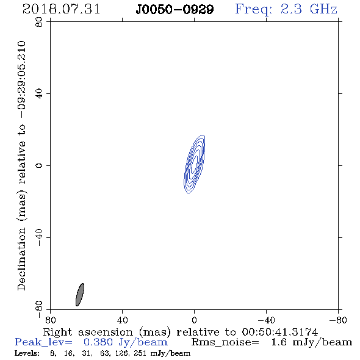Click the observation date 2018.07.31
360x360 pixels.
point(61,9)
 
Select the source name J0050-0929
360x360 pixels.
point(175,10)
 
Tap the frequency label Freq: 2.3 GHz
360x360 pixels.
point(286,9)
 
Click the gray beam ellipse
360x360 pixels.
point(80,295)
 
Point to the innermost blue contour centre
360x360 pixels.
point(195,164)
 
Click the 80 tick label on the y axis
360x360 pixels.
point(39,22)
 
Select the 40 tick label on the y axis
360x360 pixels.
point(39,94)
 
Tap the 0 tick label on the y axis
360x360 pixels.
point(39,165)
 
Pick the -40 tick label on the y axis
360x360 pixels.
point(39,237)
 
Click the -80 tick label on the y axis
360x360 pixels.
point(39,309)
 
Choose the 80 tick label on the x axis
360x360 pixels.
point(50,320)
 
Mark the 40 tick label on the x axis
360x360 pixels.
point(122,320)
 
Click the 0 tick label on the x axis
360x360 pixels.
point(194,320)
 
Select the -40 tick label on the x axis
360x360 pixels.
point(266,320)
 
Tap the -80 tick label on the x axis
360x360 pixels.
point(338,320)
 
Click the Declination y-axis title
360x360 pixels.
point(22,165)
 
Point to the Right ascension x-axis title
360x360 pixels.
point(181,332)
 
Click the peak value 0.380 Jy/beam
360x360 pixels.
point(126,342)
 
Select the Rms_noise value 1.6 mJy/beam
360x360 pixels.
point(312,342)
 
